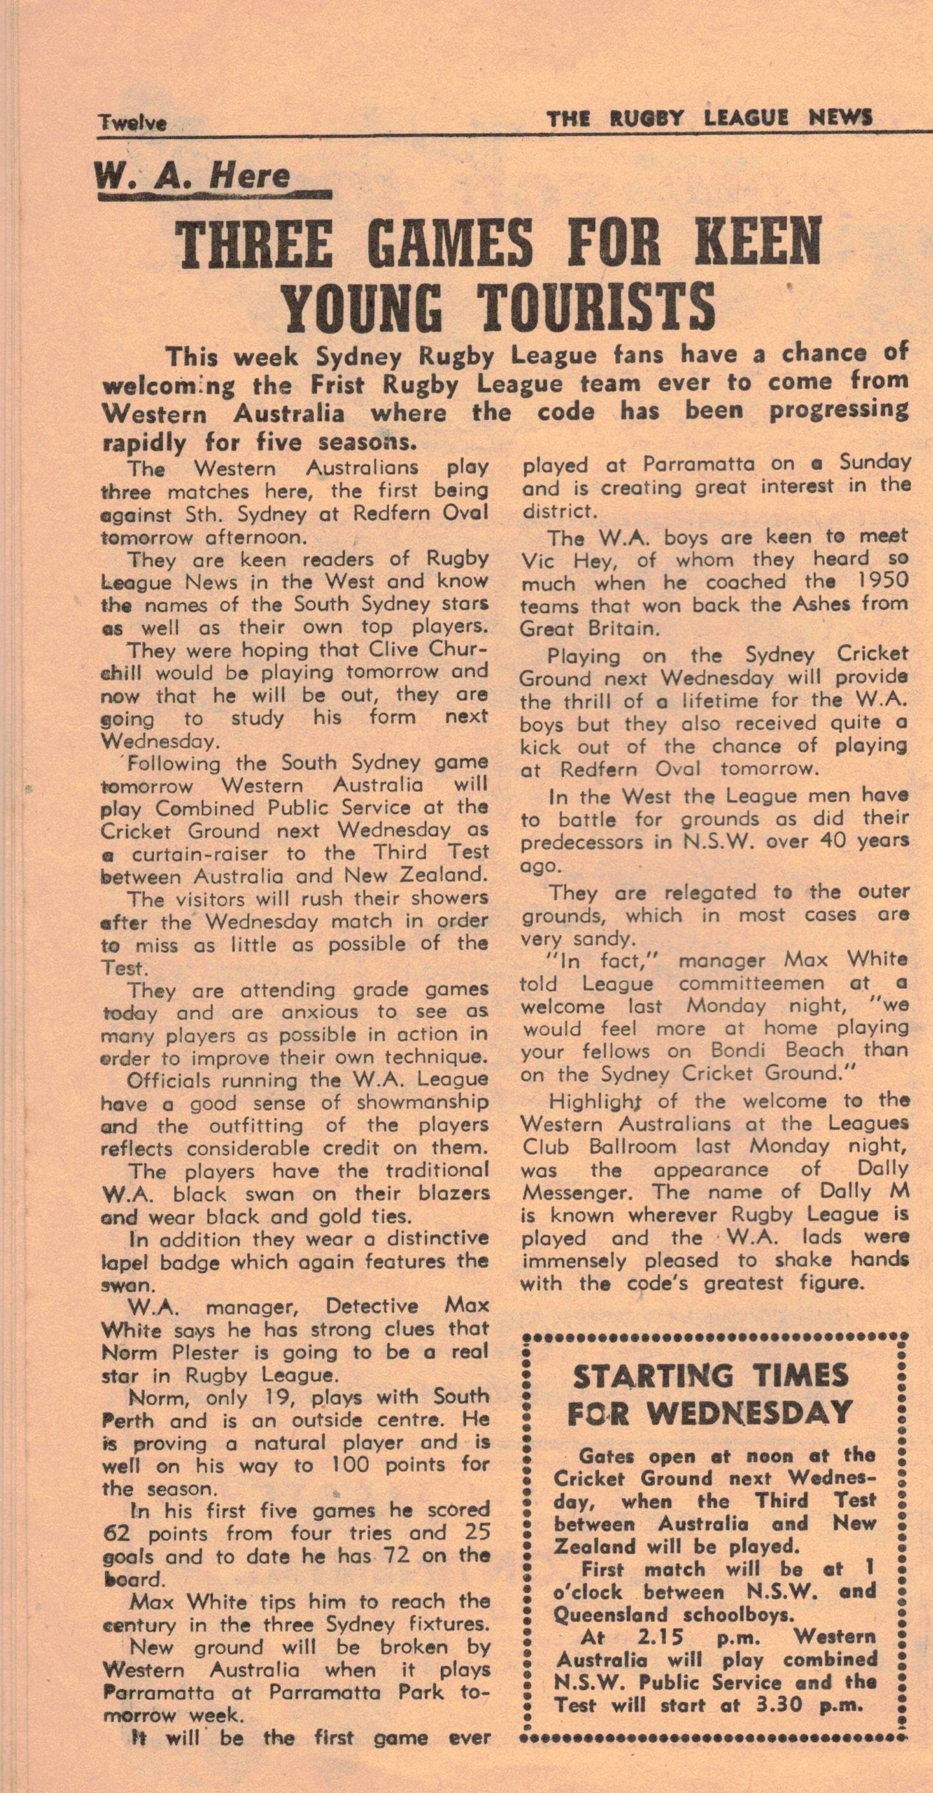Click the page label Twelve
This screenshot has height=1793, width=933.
[x=132, y=123]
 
